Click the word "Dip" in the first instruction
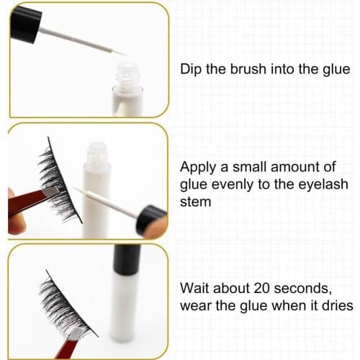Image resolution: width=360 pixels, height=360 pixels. (x=190, y=70)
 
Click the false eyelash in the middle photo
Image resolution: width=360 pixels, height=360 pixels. (x=58, y=180)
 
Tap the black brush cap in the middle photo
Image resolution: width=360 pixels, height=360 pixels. (x=151, y=217)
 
